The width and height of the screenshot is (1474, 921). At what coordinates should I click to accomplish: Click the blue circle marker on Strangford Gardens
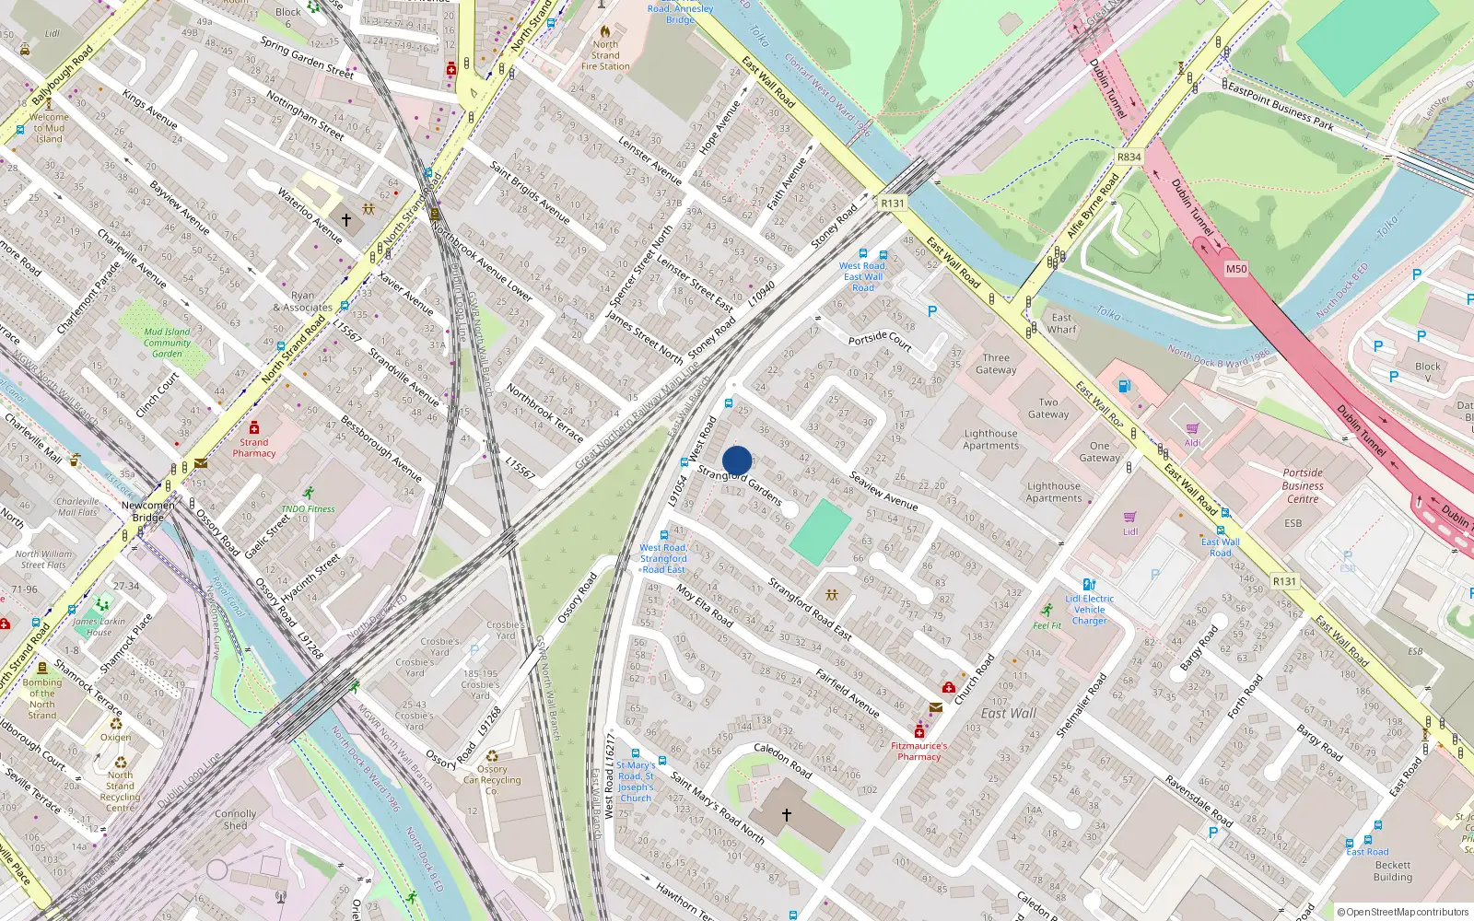pos(737,460)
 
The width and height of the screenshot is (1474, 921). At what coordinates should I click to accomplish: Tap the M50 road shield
pos(1235,269)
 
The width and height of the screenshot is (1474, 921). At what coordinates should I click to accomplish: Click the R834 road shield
pos(1129,157)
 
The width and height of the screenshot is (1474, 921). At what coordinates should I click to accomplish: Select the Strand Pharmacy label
pos(254,447)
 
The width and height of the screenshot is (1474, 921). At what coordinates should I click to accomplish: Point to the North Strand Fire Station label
pos(605,55)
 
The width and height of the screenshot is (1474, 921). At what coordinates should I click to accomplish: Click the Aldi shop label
pos(1193,443)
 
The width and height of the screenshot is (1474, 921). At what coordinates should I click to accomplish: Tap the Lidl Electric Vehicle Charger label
pos(1089,609)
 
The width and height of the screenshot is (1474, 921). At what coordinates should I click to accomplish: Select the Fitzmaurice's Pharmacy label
pos(918,751)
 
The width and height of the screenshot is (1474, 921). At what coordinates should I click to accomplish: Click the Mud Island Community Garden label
pos(167,343)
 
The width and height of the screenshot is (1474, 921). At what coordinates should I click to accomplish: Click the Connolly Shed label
pos(236,820)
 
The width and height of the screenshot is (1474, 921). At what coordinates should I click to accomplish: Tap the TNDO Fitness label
pos(308,508)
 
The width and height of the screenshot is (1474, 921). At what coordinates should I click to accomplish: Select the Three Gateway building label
pos(996,364)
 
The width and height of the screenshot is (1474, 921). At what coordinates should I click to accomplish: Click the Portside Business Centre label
pos(1303,485)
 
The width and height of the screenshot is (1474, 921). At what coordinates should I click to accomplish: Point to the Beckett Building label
pos(1392,871)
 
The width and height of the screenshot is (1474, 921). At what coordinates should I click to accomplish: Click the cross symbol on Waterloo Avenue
pos(346,220)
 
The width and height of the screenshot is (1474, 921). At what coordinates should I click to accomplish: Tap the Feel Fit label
pos(1047,625)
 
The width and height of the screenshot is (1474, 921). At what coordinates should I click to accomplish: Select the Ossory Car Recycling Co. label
pos(492,780)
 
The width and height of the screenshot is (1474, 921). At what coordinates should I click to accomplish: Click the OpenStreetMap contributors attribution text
pos(1403,912)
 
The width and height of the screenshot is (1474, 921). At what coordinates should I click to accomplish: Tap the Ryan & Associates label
pos(302,302)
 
